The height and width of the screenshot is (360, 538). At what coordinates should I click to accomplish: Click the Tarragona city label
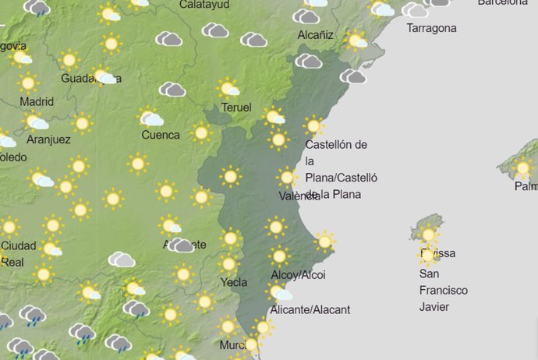(x=431, y=29)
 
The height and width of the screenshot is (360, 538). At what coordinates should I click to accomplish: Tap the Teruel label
(x=236, y=108)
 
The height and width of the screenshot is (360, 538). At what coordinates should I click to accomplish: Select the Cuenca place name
(x=161, y=135)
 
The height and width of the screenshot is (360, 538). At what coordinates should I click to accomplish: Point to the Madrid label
(x=37, y=101)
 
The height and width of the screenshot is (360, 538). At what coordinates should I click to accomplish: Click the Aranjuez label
(x=48, y=139)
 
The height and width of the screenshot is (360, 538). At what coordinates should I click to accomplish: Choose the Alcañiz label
(x=316, y=35)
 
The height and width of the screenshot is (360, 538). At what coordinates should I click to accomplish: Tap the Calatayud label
(x=204, y=5)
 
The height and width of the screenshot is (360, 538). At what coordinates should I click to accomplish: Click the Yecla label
(x=234, y=283)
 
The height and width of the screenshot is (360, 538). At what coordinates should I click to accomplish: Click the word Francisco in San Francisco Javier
(x=444, y=290)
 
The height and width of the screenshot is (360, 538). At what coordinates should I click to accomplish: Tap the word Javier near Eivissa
(x=434, y=306)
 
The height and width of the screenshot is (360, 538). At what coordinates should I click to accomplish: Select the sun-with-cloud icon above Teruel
(x=228, y=88)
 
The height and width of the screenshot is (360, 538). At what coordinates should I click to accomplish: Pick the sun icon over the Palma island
(x=522, y=168)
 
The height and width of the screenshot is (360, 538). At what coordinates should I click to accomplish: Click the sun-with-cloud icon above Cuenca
(x=150, y=118)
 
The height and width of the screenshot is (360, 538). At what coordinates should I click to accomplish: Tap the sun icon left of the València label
(x=287, y=178)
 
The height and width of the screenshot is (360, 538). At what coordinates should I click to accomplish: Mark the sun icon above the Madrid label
(x=29, y=83)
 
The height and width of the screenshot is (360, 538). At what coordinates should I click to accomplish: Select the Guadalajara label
(x=87, y=78)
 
